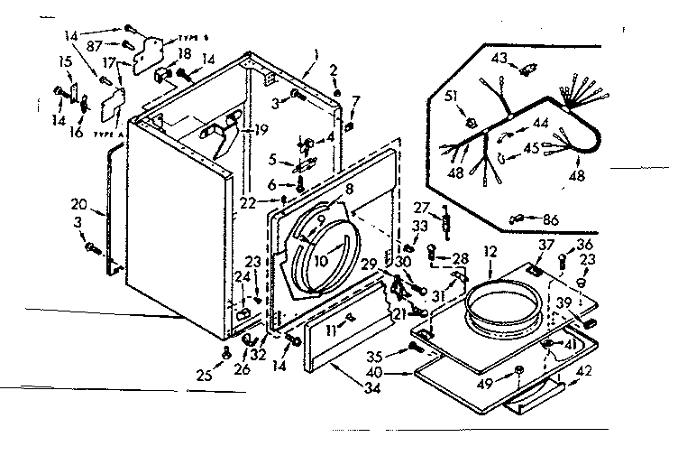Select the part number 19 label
(261, 130)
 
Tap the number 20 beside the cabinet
(78, 205)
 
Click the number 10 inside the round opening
(319, 260)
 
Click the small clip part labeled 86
(518, 218)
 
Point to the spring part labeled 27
(444, 219)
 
